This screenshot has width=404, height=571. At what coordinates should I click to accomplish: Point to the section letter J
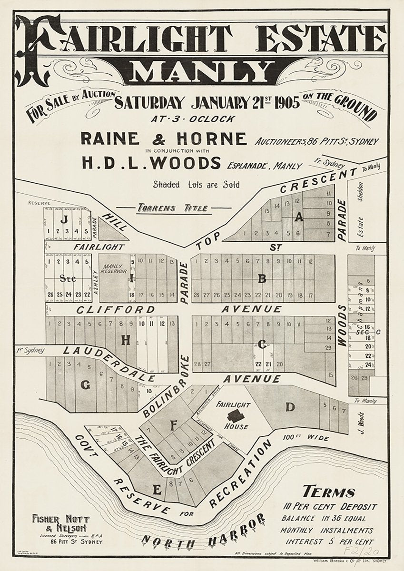pos(63,219)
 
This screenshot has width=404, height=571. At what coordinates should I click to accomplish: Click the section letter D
pos(290,407)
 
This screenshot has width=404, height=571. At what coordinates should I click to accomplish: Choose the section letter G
pos(85,386)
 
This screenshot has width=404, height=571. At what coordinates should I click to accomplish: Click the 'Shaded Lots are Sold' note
pos(197,185)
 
